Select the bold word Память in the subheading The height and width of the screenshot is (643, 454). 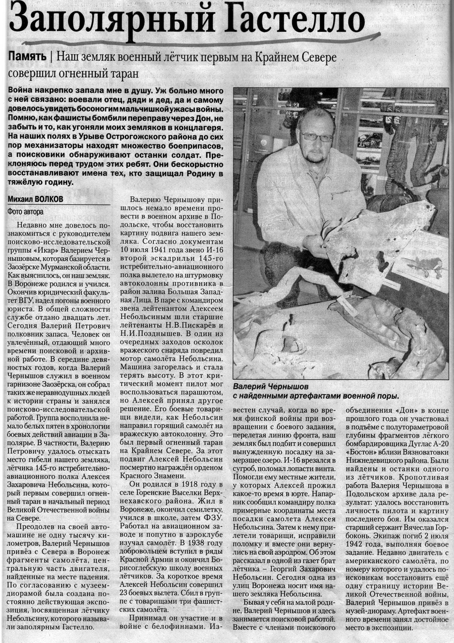coord(28,58)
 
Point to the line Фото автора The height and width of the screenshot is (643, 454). coord(26,211)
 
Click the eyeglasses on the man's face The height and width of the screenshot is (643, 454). coord(317,136)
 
